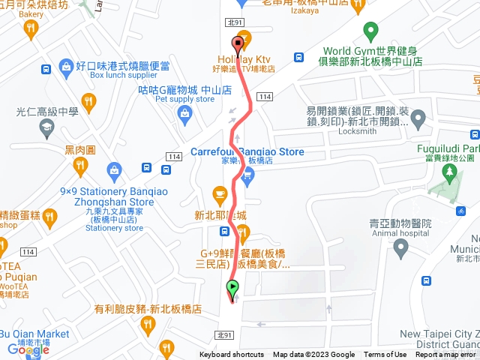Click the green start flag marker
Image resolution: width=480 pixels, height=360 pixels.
(232, 287)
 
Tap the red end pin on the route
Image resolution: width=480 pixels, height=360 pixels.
(238, 43)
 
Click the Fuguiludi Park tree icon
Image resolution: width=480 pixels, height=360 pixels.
(450, 175)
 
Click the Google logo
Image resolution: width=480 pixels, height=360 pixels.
(28, 349)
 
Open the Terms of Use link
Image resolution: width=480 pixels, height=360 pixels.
(385, 355)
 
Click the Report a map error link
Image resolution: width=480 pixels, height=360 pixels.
(445, 355)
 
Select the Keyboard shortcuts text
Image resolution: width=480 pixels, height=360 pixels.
(232, 355)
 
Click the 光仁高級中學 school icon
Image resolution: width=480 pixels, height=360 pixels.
(47, 127)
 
